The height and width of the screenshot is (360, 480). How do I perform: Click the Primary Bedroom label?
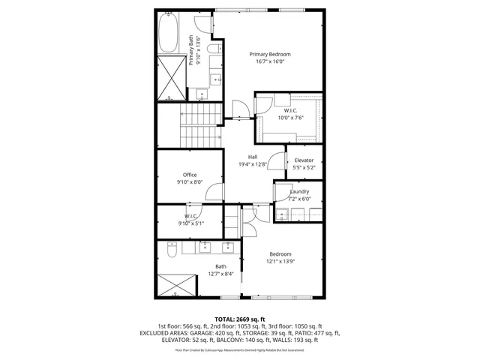pyautogui.click(x=270, y=55)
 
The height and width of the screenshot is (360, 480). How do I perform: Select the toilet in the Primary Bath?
pyautogui.click(x=214, y=49)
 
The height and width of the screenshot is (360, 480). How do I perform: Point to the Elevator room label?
pyautogui.click(x=304, y=160)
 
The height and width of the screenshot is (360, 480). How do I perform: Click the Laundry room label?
pyautogui.click(x=299, y=192)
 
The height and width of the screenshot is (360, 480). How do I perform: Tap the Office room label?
pyautogui.click(x=190, y=175)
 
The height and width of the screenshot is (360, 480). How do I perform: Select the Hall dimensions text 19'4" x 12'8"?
pyautogui.click(x=253, y=164)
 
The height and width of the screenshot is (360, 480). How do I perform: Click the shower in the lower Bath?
pyautogui.click(x=178, y=286)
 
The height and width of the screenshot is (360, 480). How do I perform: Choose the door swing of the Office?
pyautogui.click(x=214, y=192)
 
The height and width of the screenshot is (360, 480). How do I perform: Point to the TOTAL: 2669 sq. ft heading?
pyautogui.click(x=240, y=319)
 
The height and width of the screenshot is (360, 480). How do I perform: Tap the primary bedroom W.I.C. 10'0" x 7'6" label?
pyautogui.click(x=291, y=114)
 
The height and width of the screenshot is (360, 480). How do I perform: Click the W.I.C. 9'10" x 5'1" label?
pyautogui.click(x=190, y=220)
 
